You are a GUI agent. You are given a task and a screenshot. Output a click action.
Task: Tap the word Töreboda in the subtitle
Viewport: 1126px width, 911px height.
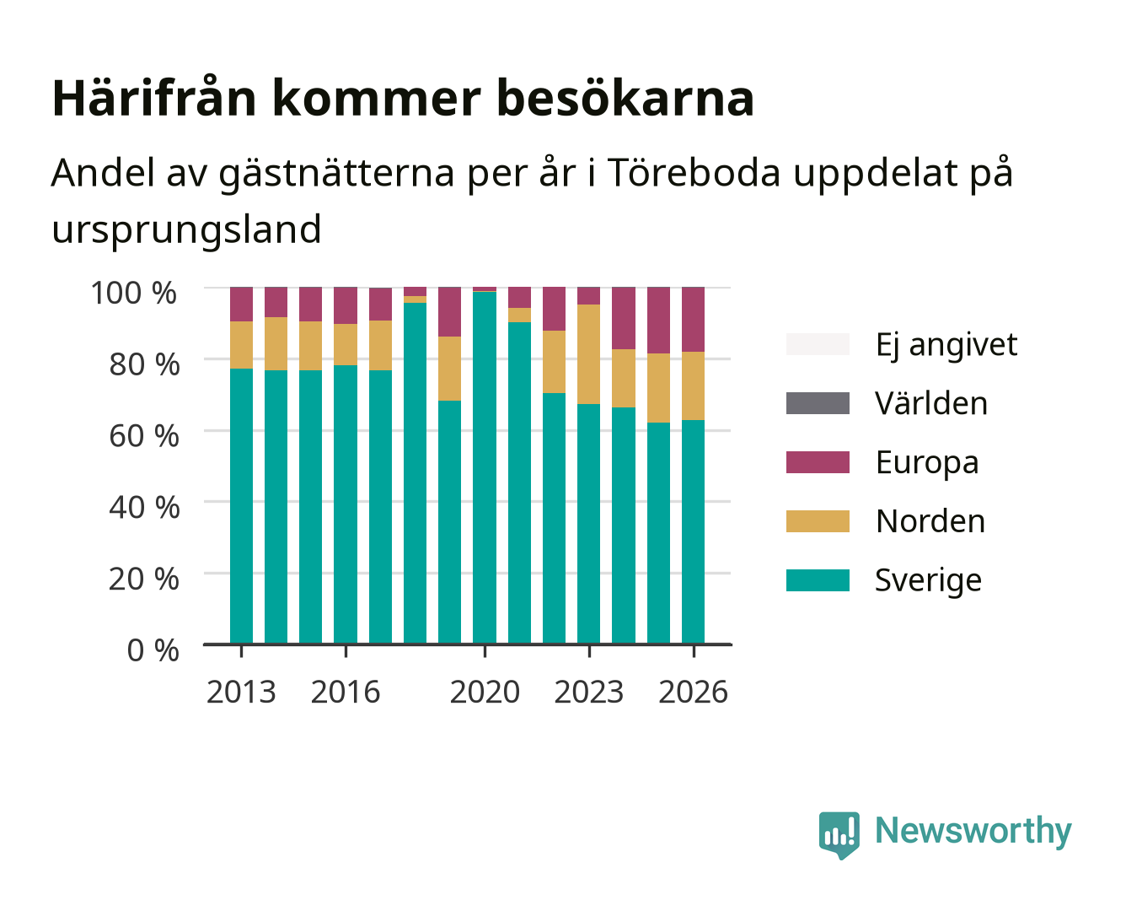click(x=693, y=172)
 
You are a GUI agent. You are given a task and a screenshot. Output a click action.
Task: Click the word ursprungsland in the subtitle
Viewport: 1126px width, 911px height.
click(x=186, y=230)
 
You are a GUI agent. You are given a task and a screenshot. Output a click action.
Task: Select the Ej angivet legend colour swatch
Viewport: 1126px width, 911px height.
click(x=818, y=344)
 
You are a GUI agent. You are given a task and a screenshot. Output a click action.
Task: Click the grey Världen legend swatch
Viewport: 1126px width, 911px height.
click(x=818, y=402)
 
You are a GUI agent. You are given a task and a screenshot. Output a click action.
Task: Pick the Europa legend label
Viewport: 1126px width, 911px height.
click(x=927, y=463)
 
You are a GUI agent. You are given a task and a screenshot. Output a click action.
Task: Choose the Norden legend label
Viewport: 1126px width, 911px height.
click(x=930, y=521)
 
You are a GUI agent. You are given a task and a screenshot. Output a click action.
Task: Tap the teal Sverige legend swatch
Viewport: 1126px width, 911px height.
click(x=818, y=579)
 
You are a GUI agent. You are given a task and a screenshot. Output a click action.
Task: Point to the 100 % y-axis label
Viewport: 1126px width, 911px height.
click(x=134, y=293)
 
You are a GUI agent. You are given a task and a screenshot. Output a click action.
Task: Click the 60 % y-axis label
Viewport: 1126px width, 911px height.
click(x=144, y=436)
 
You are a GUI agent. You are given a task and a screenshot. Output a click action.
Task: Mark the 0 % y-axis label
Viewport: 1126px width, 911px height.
click(x=153, y=650)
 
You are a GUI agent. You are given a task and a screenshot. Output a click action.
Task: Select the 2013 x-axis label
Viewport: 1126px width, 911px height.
click(x=241, y=692)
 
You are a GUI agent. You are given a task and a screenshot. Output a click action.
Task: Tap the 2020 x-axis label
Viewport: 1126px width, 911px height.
click(x=485, y=692)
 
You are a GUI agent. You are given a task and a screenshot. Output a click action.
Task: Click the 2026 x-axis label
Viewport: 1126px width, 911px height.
click(x=693, y=692)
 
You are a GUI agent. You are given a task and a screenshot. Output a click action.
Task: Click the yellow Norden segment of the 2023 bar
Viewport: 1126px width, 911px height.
click(x=588, y=354)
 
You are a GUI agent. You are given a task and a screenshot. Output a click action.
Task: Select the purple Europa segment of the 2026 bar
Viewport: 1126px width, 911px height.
click(x=693, y=319)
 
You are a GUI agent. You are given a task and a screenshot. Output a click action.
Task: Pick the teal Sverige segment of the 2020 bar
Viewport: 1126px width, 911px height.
click(x=485, y=467)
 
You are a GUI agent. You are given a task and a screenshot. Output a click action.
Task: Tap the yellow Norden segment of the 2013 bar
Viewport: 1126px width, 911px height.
click(x=241, y=344)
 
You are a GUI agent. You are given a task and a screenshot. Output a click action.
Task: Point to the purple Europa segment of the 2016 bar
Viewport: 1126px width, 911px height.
click(x=346, y=305)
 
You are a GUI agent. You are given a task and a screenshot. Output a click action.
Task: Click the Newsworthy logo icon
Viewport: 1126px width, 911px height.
click(x=839, y=835)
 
